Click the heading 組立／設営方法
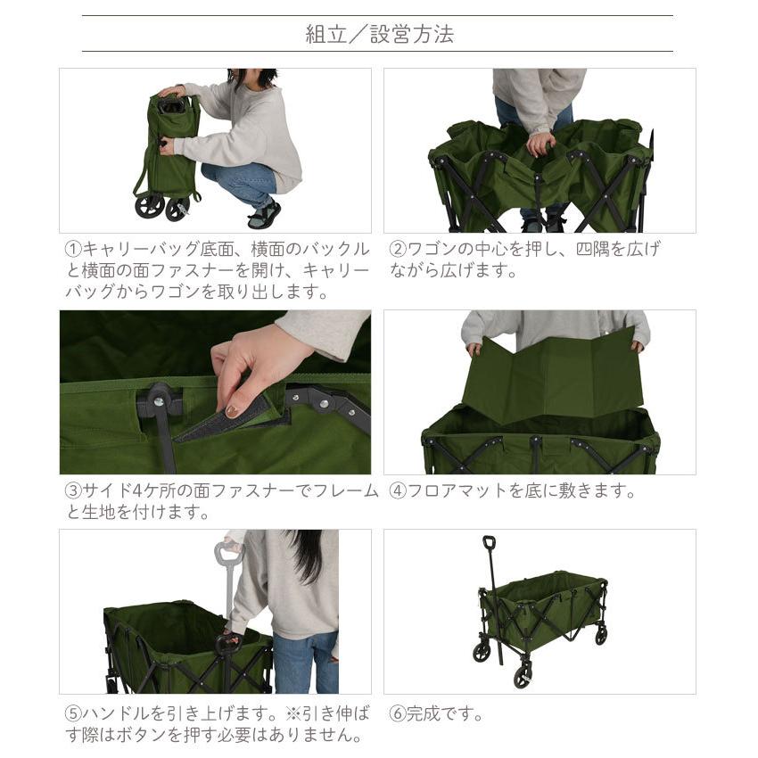coord(379,35)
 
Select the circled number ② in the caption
coord(398,249)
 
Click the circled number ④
coord(398,491)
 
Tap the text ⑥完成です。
coord(437,714)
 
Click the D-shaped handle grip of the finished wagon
coord(489,543)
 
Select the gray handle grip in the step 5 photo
coord(228,553)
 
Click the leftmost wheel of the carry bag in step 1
coord(149,207)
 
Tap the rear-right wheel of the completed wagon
coord(601,636)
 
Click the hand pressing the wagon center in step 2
coord(539,143)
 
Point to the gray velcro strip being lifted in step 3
coord(223,424)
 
